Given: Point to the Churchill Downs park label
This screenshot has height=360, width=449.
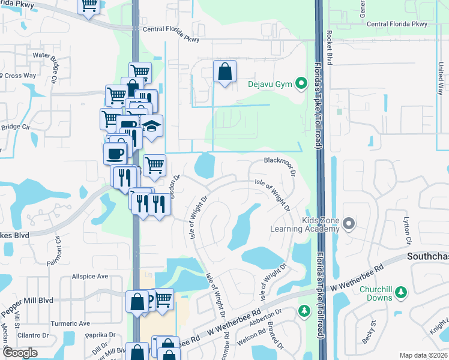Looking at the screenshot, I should click(375, 293).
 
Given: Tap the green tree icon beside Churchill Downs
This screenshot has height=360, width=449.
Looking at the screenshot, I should click(402, 292).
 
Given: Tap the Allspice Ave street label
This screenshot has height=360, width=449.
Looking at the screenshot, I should click(89, 277).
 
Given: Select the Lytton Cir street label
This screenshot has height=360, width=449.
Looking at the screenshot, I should click(406, 231).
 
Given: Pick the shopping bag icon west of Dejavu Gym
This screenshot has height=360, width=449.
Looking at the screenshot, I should click(224, 72).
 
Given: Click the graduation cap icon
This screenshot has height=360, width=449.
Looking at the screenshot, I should click(152, 127).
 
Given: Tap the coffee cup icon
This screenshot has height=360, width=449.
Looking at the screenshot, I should click(115, 154).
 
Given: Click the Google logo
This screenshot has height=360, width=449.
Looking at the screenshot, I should click(20, 353).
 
